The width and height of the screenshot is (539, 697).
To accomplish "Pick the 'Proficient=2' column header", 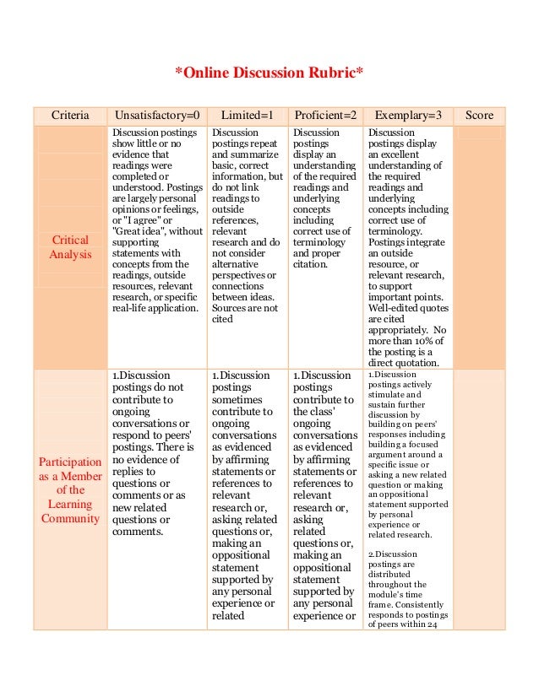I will click(x=325, y=116).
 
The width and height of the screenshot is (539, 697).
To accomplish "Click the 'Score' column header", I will click(x=479, y=116).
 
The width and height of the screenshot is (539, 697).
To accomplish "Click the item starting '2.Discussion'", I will click(x=390, y=554).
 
